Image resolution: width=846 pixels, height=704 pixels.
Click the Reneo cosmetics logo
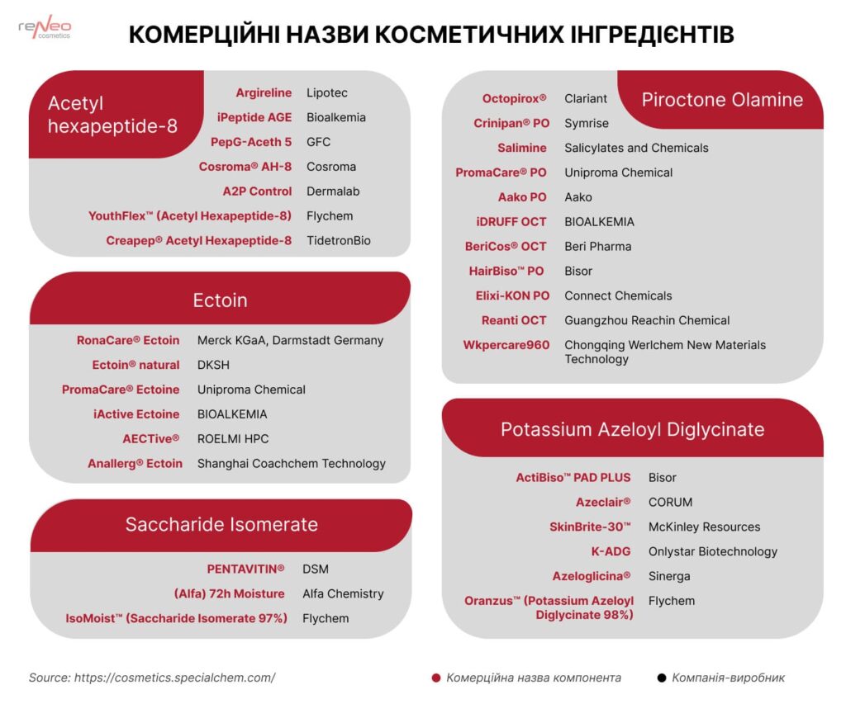tap(45, 29)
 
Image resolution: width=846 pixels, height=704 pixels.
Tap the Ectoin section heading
tap(220, 300)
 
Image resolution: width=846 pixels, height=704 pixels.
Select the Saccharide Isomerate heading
tap(221, 525)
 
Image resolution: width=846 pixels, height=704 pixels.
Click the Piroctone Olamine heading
tap(722, 100)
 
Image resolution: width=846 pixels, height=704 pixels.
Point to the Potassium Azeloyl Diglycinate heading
tap(632, 429)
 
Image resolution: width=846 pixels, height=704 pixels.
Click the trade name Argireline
tap(264, 92)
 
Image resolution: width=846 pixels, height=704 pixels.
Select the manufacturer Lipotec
tap(327, 92)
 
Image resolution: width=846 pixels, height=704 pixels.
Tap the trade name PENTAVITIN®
tap(245, 569)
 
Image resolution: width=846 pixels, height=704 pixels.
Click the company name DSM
tap(316, 569)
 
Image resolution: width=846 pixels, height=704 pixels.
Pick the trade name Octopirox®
tap(515, 98)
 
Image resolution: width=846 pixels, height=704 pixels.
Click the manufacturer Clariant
tap(586, 98)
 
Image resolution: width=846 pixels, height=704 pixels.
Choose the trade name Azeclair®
tap(603, 502)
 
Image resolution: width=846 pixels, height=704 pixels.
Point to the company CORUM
tap(670, 502)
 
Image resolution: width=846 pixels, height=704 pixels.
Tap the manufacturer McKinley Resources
tap(704, 527)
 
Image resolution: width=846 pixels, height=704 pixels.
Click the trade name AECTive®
tap(150, 438)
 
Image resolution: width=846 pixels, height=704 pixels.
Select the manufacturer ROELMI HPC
tap(233, 438)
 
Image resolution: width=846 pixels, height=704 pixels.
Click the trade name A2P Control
tap(257, 191)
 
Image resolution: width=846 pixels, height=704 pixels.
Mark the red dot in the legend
tap(436, 678)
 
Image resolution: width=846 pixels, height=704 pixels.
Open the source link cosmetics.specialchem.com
tap(174, 678)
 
